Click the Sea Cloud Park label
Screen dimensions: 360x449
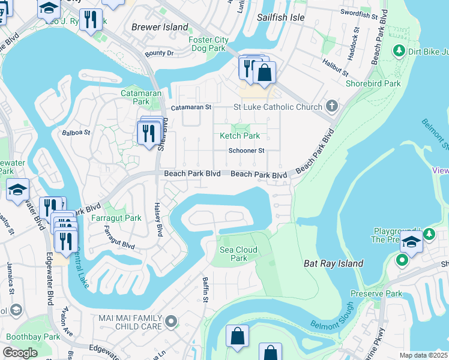(239, 254)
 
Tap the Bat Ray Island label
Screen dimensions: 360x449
(334, 263)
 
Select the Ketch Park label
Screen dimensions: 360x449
(240, 136)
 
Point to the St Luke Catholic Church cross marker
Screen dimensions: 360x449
(331, 107)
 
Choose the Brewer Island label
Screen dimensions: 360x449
(160, 27)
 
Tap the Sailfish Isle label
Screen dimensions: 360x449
(281, 17)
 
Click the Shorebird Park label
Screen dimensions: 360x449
(373, 83)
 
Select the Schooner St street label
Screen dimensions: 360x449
(246, 151)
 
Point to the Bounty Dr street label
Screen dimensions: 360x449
(159, 53)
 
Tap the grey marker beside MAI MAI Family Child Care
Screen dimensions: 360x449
(171, 322)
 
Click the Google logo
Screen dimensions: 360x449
(20, 352)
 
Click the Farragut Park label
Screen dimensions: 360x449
(116, 218)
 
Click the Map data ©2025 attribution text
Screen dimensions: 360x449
(423, 355)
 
